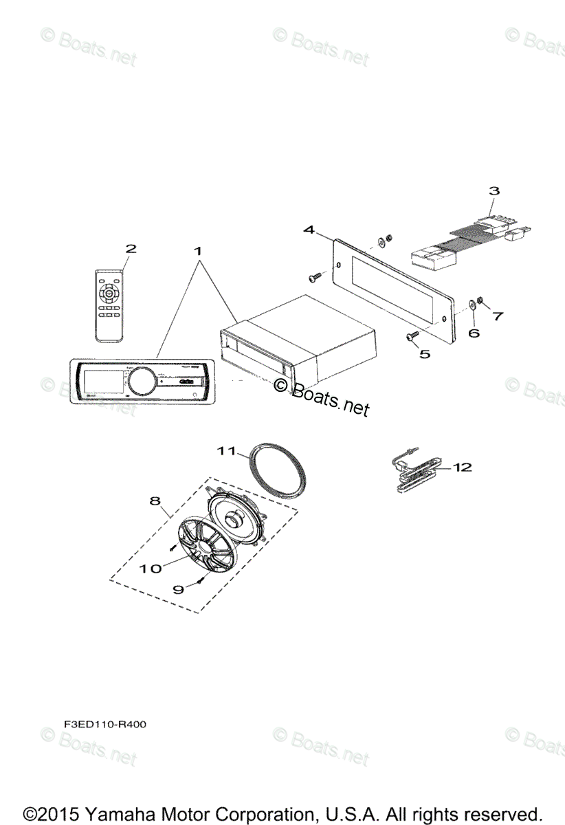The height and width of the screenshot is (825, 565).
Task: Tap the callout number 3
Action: pyautogui.click(x=494, y=190)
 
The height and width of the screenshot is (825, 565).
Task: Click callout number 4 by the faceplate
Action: pyautogui.click(x=310, y=230)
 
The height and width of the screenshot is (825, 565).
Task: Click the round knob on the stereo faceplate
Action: pyautogui.click(x=141, y=380)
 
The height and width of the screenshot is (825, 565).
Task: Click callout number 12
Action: pyautogui.click(x=463, y=467)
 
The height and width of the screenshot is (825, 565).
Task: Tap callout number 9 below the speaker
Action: pyautogui.click(x=177, y=588)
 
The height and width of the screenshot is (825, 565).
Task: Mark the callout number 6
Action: pyautogui.click(x=472, y=333)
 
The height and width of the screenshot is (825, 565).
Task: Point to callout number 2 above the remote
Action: pyautogui.click(x=130, y=248)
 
